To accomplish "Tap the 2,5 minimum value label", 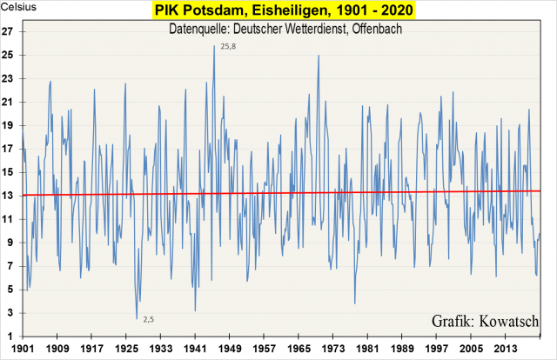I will (x=148, y=319).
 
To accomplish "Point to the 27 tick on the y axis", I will (x=10, y=31).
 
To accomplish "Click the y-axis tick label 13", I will (x=10, y=195).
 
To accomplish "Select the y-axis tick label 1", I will (x=13, y=336).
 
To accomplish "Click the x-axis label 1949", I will (x=230, y=350).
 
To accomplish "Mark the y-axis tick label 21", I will (x=10, y=102).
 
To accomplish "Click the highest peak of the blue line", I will (x=214, y=46).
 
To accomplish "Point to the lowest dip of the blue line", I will (x=137, y=318).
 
